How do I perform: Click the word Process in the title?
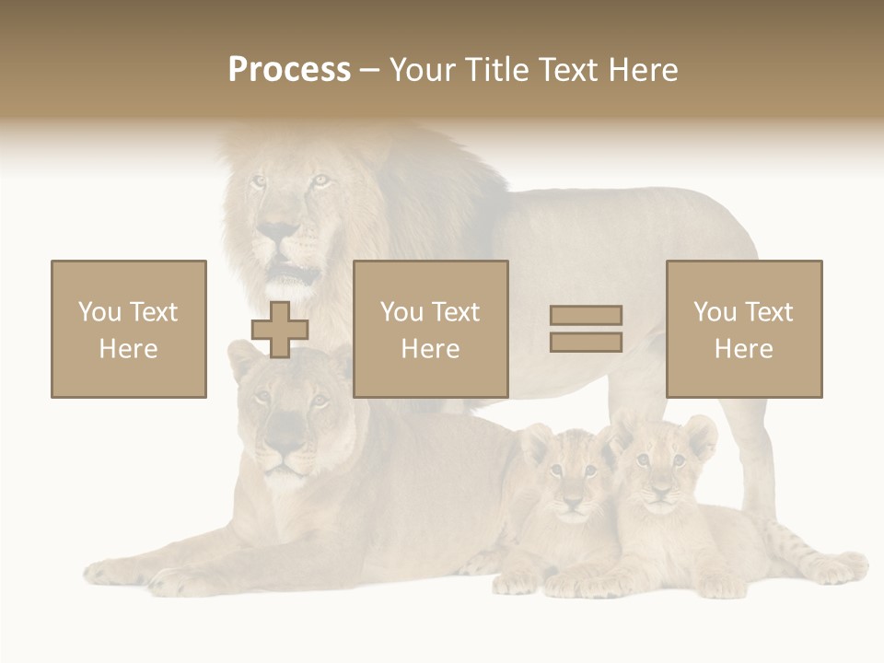coord(289,70)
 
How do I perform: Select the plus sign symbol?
coord(280,330)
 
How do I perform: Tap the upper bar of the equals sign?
coord(586,315)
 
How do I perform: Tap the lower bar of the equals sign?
coord(586,343)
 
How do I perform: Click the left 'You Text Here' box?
coord(129,329)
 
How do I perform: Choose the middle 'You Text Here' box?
coord(431,329)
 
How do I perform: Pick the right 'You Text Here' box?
coord(744,329)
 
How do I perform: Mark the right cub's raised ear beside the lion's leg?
coord(700,433)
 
